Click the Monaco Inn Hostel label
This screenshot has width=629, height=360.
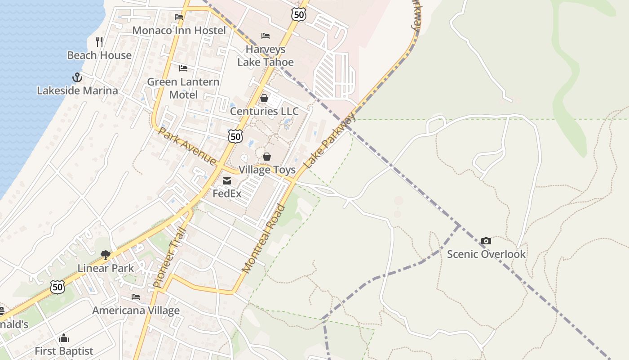179,31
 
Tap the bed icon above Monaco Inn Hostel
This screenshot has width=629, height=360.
179,17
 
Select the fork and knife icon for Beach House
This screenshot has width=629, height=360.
99,42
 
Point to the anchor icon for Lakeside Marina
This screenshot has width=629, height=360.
77,77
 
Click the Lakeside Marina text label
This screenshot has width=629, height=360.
77,90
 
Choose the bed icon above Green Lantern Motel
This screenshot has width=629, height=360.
183,68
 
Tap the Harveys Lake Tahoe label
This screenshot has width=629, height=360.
266,56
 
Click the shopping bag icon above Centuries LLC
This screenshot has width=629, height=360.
264,98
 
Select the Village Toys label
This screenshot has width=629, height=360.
267,170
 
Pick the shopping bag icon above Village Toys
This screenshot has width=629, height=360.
267,157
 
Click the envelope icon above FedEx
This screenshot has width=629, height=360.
227,181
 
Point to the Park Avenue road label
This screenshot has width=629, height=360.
187,146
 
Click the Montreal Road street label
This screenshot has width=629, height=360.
264,238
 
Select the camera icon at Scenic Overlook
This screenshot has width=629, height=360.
486,241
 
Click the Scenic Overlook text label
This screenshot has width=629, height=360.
486,254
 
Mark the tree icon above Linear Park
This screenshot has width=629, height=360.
106,255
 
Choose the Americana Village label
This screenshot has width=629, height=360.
136,310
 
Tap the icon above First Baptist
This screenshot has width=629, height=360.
64,338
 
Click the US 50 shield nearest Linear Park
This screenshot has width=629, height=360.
58,287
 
